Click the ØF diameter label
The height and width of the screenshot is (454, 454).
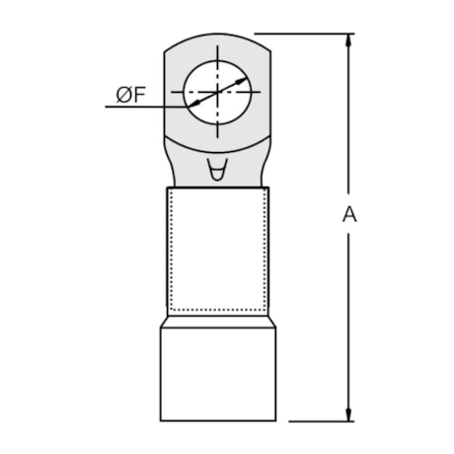[x=129, y=95]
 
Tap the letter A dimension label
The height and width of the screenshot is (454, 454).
[x=348, y=215]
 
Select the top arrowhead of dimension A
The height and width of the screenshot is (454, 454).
[x=348, y=39]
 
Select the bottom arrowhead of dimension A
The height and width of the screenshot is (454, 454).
[x=348, y=415]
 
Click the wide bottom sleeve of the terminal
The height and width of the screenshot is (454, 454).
[x=217, y=375]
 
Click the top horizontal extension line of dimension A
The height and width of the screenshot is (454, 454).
[x=306, y=34]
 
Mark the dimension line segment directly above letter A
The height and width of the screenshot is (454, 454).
[x=348, y=128]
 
